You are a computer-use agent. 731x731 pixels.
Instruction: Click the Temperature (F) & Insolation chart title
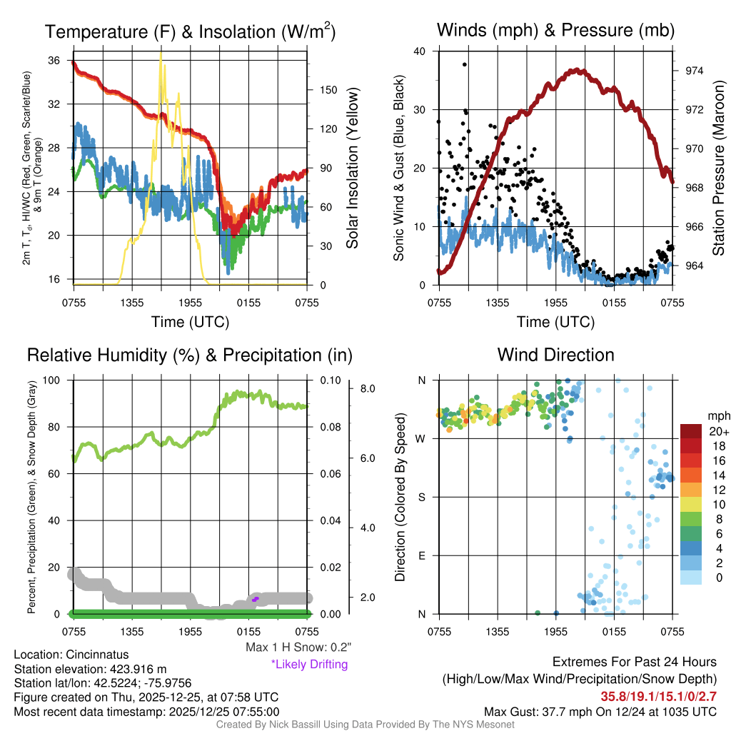coord(190,31)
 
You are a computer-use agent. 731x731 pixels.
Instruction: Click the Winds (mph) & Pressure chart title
coord(555,30)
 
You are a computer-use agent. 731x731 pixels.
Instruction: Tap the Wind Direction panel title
coord(555,355)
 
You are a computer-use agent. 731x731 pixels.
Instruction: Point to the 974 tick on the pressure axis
coord(695,71)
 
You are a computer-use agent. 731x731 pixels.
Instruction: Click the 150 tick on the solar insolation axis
coord(318,90)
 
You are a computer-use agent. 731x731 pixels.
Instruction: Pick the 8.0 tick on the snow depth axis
coord(368,389)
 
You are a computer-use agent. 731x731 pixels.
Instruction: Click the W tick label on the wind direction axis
coord(421,438)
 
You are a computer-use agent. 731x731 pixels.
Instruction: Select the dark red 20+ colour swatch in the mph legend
coord(691,431)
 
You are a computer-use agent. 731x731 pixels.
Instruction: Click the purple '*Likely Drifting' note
coord(309,665)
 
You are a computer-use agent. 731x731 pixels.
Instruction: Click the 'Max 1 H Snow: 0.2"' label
coord(298,647)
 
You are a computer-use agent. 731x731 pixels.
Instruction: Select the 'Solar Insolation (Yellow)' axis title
coord(352,168)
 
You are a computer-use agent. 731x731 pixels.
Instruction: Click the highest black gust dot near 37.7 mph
coord(465,64)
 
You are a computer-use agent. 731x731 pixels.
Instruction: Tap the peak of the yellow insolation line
coord(161,53)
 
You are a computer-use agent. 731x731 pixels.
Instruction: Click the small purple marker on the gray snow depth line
coord(255,599)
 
